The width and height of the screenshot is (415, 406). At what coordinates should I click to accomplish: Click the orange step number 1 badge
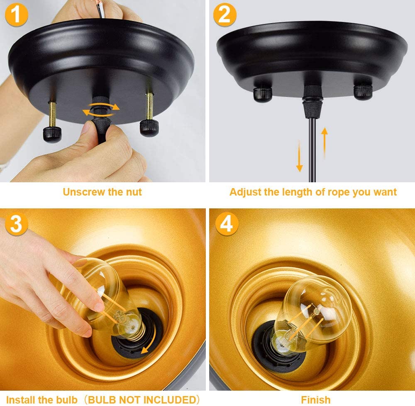click(x=17, y=15)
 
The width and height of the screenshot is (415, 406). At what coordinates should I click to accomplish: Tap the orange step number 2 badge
click(x=225, y=15)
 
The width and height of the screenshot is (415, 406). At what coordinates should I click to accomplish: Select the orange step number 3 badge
click(x=17, y=223)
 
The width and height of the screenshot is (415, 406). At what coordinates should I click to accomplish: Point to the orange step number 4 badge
click(x=227, y=223)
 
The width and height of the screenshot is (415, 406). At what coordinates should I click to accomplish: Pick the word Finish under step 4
click(x=316, y=400)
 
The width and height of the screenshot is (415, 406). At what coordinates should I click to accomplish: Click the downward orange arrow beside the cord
click(x=299, y=156)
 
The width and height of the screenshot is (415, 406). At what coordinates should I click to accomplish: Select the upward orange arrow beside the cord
click(x=325, y=143)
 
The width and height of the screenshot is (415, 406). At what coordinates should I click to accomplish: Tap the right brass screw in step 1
click(x=149, y=106)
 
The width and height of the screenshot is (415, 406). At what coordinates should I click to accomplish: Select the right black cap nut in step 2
click(x=363, y=92)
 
